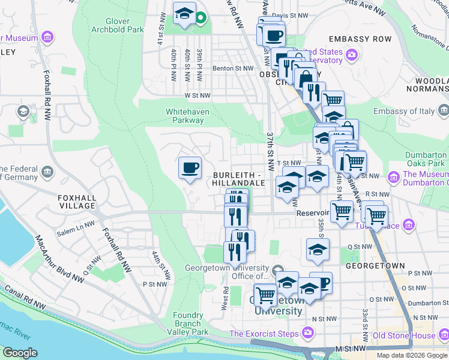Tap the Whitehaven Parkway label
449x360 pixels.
click(x=185, y=116)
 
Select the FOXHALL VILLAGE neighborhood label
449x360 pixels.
click(x=76, y=201)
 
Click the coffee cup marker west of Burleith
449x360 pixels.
click(x=190, y=168)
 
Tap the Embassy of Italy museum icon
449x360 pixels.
click(x=444, y=110)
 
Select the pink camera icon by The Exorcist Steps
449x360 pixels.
click(x=308, y=332)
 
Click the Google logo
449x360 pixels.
click(x=19, y=353)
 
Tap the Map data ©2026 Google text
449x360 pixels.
click(x=412, y=355)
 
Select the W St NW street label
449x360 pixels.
click(x=197, y=95)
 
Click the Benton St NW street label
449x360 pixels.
click(x=233, y=68)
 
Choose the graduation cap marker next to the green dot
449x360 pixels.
click(x=184, y=14)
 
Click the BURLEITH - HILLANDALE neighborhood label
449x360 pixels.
click(x=238, y=178)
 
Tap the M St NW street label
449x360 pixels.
click(x=351, y=349)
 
